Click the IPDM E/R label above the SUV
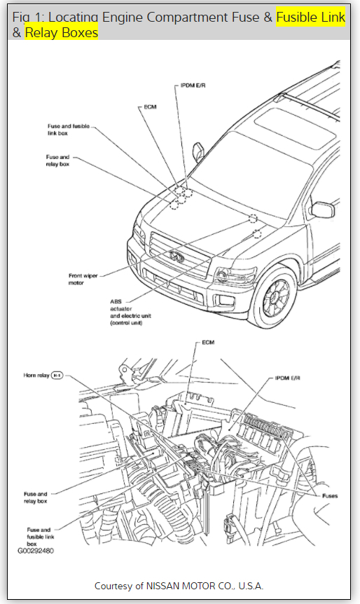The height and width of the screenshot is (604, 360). (x=193, y=85)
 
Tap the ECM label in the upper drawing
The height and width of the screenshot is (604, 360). (x=150, y=107)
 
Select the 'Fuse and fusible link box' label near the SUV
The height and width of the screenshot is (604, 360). (x=68, y=130)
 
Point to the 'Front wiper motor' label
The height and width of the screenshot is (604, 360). (x=83, y=280)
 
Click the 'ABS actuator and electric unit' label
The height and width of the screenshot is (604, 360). (x=130, y=312)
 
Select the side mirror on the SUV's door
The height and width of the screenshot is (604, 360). (x=323, y=210)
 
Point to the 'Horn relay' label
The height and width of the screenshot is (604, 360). (x=36, y=375)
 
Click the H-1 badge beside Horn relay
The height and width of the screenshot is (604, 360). (x=57, y=375)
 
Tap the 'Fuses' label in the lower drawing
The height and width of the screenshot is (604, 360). (x=330, y=496)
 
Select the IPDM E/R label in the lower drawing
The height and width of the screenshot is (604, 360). (x=287, y=378)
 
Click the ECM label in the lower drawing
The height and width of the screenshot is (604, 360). (x=208, y=342)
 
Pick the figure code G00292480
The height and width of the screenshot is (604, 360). (x=36, y=551)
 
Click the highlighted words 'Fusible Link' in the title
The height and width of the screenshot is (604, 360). (x=311, y=18)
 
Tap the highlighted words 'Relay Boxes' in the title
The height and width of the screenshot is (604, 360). (x=61, y=33)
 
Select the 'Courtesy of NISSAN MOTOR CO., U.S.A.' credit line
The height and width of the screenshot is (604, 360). (x=179, y=586)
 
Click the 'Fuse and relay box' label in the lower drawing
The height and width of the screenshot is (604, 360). (x=36, y=497)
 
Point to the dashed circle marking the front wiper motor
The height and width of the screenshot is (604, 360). (x=253, y=219)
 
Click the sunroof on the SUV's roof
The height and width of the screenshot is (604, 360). (x=295, y=128)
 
